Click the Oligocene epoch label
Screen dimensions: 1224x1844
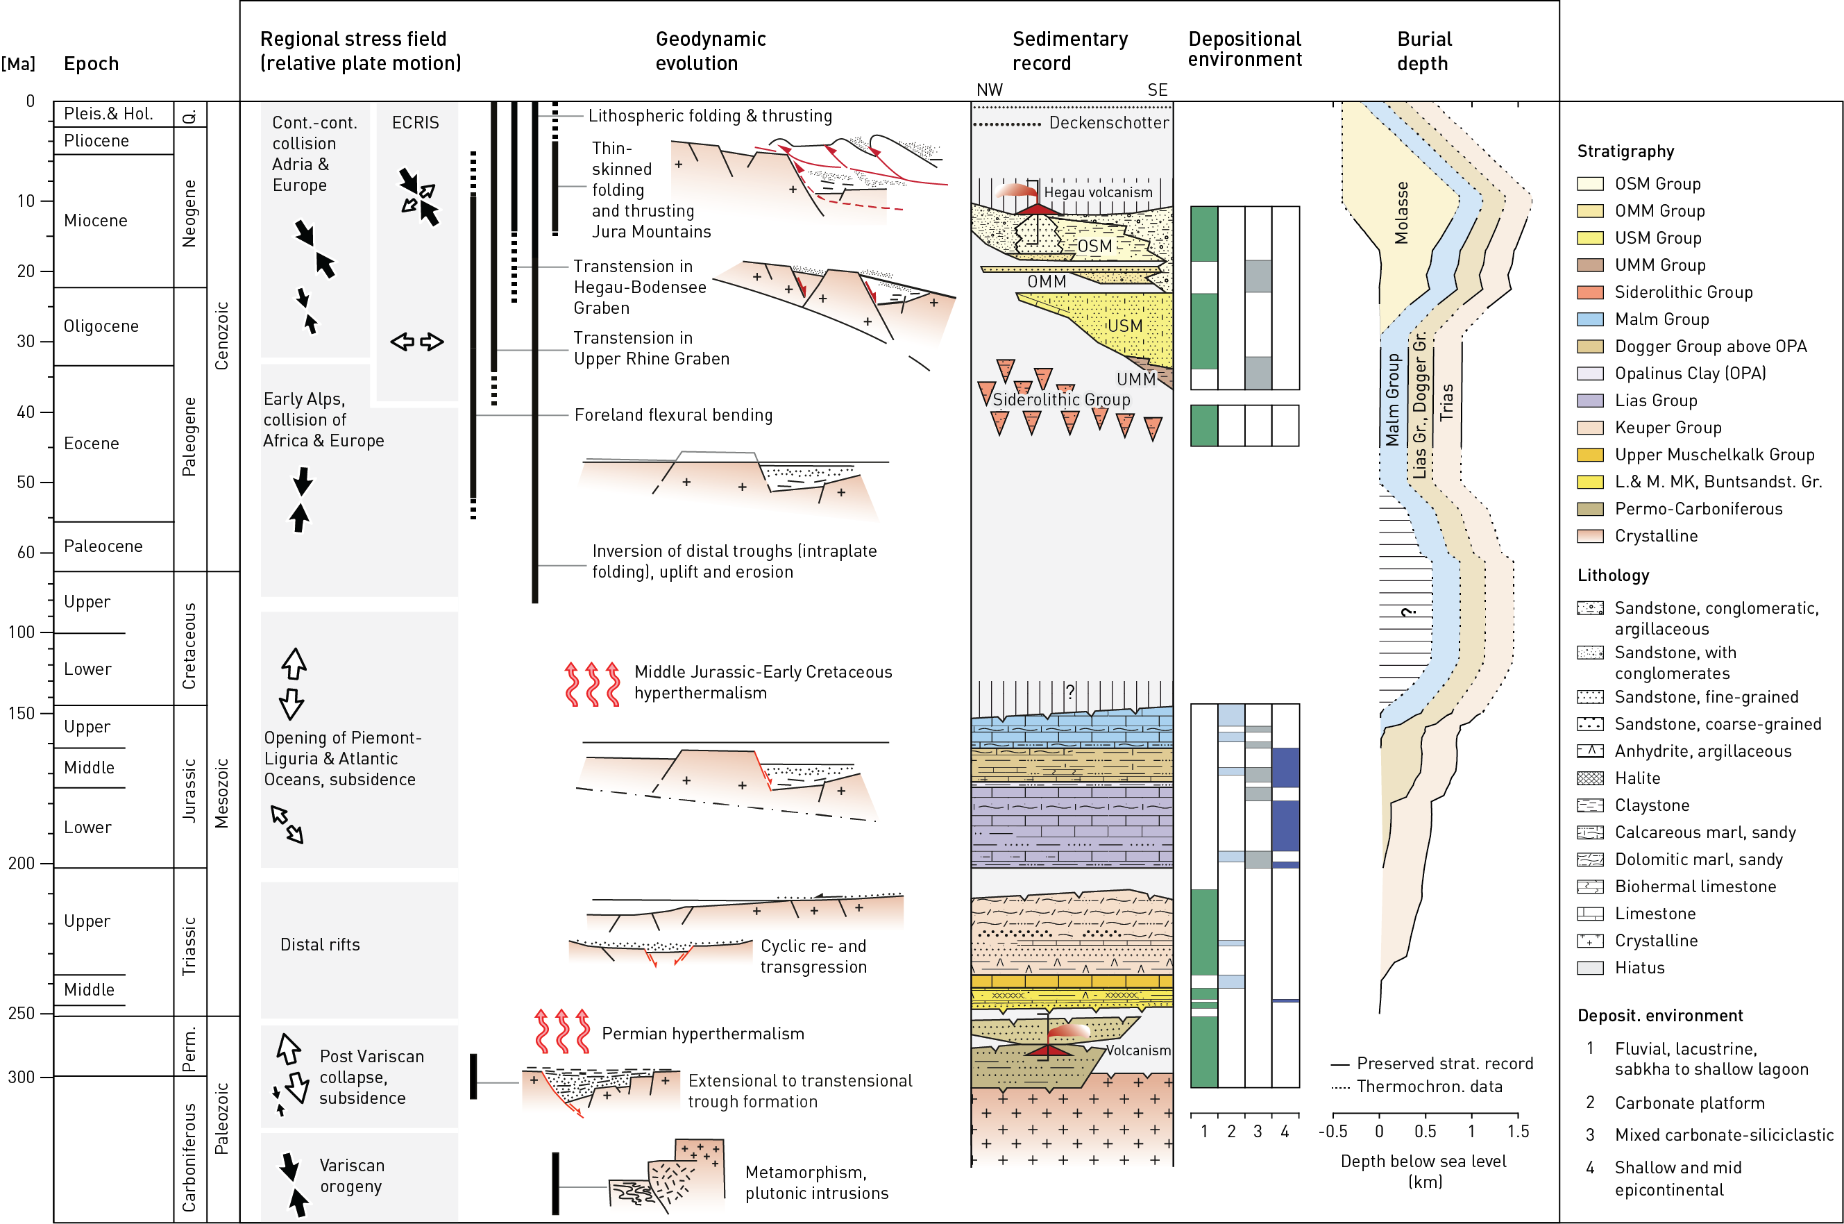(101, 326)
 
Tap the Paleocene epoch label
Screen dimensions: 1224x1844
(103, 546)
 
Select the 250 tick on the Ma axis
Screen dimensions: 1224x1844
(22, 1013)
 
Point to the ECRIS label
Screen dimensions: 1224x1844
(415, 123)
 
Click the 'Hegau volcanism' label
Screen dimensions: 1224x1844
(1098, 192)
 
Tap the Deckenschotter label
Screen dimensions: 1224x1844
(1108, 123)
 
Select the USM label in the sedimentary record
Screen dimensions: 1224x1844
(1124, 326)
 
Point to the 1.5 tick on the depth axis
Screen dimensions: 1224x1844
(1518, 1131)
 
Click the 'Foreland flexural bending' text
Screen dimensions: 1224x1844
(673, 415)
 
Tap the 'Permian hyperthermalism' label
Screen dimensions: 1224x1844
(702, 1034)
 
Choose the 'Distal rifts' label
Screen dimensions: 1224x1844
(320, 944)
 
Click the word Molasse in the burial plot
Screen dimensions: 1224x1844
(1401, 212)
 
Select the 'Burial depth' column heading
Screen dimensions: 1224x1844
(1423, 51)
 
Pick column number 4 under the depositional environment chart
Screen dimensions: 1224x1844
(1285, 1131)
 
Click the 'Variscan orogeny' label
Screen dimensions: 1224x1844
(351, 1175)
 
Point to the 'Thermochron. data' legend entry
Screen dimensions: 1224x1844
(1429, 1087)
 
